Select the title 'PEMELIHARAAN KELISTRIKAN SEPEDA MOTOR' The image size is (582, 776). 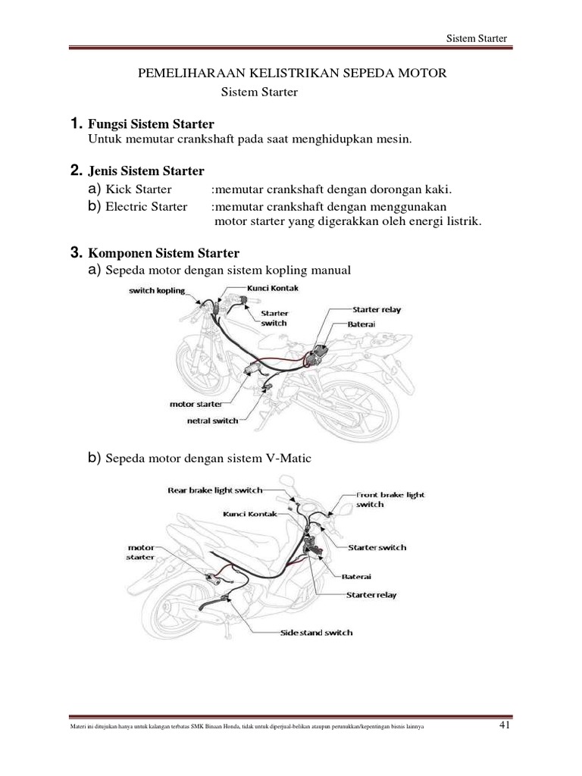[291, 74]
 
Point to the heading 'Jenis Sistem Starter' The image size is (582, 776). [146, 171]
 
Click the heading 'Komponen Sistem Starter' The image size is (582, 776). [164, 252]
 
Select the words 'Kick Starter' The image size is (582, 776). [139, 189]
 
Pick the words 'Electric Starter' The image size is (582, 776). [146, 206]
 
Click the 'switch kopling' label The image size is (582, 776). [157, 291]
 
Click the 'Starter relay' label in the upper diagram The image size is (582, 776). [377, 310]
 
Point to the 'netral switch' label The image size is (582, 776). [212, 420]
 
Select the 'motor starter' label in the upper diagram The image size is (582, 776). [196, 404]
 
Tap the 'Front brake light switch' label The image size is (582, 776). [390, 499]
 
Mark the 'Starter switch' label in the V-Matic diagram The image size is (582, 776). [377, 547]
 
